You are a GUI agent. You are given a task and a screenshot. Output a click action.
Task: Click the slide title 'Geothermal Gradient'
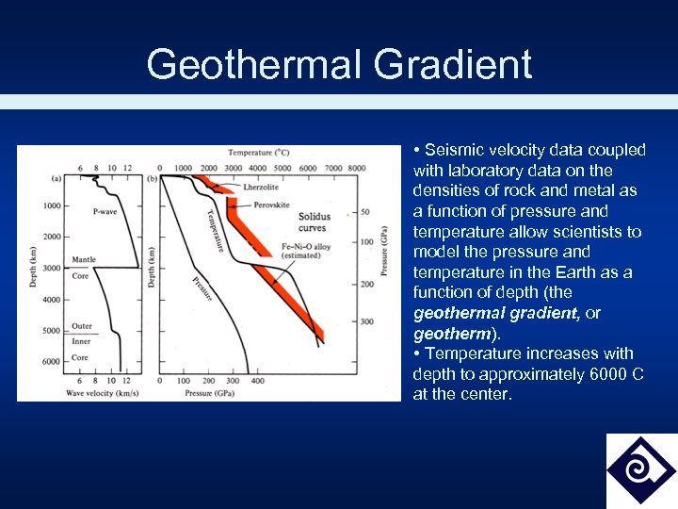tap(339, 65)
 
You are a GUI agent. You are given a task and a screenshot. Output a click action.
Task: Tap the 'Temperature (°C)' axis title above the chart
tap(257, 153)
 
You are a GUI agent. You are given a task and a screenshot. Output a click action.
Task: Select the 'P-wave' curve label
tap(105, 212)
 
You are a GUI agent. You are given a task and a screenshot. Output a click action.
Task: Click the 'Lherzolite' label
tap(261, 188)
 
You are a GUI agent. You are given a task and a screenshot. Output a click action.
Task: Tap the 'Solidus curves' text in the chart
tap(315, 222)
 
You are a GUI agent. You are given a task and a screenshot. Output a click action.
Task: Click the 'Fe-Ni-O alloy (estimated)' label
tap(305, 251)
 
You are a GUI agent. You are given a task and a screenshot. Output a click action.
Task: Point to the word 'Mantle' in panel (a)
tap(83, 259)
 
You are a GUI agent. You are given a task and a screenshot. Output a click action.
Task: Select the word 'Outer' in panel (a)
tap(82, 327)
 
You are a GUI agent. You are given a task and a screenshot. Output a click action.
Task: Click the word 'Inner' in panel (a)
tap(81, 341)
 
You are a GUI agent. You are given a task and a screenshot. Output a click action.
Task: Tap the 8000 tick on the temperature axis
tap(356, 168)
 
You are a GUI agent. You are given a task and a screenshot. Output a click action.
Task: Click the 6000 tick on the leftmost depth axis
tap(50, 361)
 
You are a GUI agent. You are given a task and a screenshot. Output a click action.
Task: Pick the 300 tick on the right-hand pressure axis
tap(366, 321)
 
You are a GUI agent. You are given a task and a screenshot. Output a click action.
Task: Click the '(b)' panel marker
tap(153, 178)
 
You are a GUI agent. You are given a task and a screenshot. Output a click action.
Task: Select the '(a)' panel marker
tap(57, 178)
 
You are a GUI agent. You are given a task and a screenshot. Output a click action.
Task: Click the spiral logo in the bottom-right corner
tap(640, 469)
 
